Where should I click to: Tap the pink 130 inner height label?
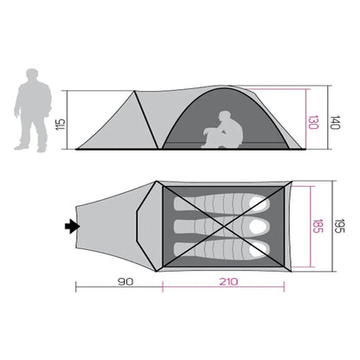(313, 122)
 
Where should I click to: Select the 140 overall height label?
(336, 122)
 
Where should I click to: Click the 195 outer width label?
(339, 226)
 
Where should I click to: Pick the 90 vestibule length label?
(125, 281)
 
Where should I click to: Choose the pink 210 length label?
(228, 281)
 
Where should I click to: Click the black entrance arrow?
(72, 227)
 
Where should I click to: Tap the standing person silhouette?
(33, 110)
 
